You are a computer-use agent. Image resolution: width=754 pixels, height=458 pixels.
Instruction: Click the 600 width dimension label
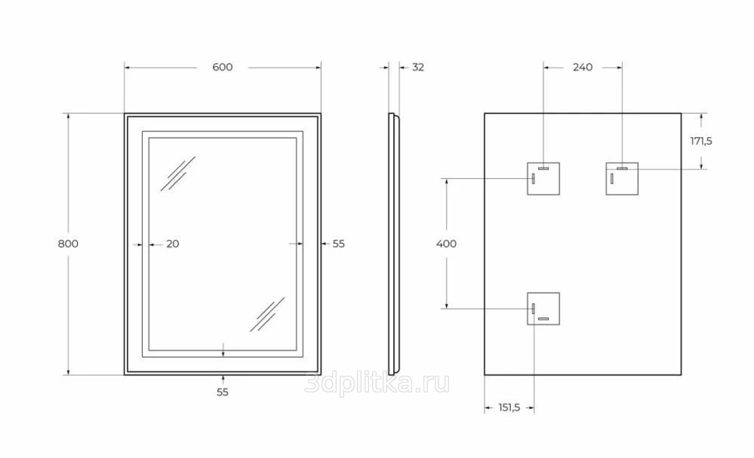[222, 67]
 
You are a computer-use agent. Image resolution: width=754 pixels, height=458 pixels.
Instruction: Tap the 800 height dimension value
[68, 244]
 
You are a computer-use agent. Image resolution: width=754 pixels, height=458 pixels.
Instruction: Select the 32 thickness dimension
[417, 67]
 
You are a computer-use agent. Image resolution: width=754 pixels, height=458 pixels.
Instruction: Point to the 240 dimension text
[582, 67]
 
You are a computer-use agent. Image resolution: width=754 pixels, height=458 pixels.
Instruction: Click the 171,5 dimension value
[701, 141]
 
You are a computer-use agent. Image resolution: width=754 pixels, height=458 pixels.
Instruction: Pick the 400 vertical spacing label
[446, 244]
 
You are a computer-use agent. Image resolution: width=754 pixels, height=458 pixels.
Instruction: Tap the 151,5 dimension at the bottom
[509, 408]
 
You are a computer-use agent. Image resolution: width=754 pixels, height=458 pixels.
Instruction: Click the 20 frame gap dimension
[172, 244]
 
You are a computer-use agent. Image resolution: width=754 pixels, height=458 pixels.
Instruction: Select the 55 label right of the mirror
[338, 244]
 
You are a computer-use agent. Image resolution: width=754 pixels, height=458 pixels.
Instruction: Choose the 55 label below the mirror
[222, 392]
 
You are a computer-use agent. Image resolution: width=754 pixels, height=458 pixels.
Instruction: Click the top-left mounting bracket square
[543, 178]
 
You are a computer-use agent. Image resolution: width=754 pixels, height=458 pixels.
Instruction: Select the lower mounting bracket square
[543, 309]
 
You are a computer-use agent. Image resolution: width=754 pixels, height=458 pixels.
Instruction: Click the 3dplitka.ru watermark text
[377, 384]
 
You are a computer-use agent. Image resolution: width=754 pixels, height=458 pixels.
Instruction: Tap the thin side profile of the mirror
[392, 244]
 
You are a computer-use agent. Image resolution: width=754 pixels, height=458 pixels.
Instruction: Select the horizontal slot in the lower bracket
[543, 319]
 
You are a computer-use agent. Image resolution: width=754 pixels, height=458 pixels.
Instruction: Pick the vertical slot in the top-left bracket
[533, 179]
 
